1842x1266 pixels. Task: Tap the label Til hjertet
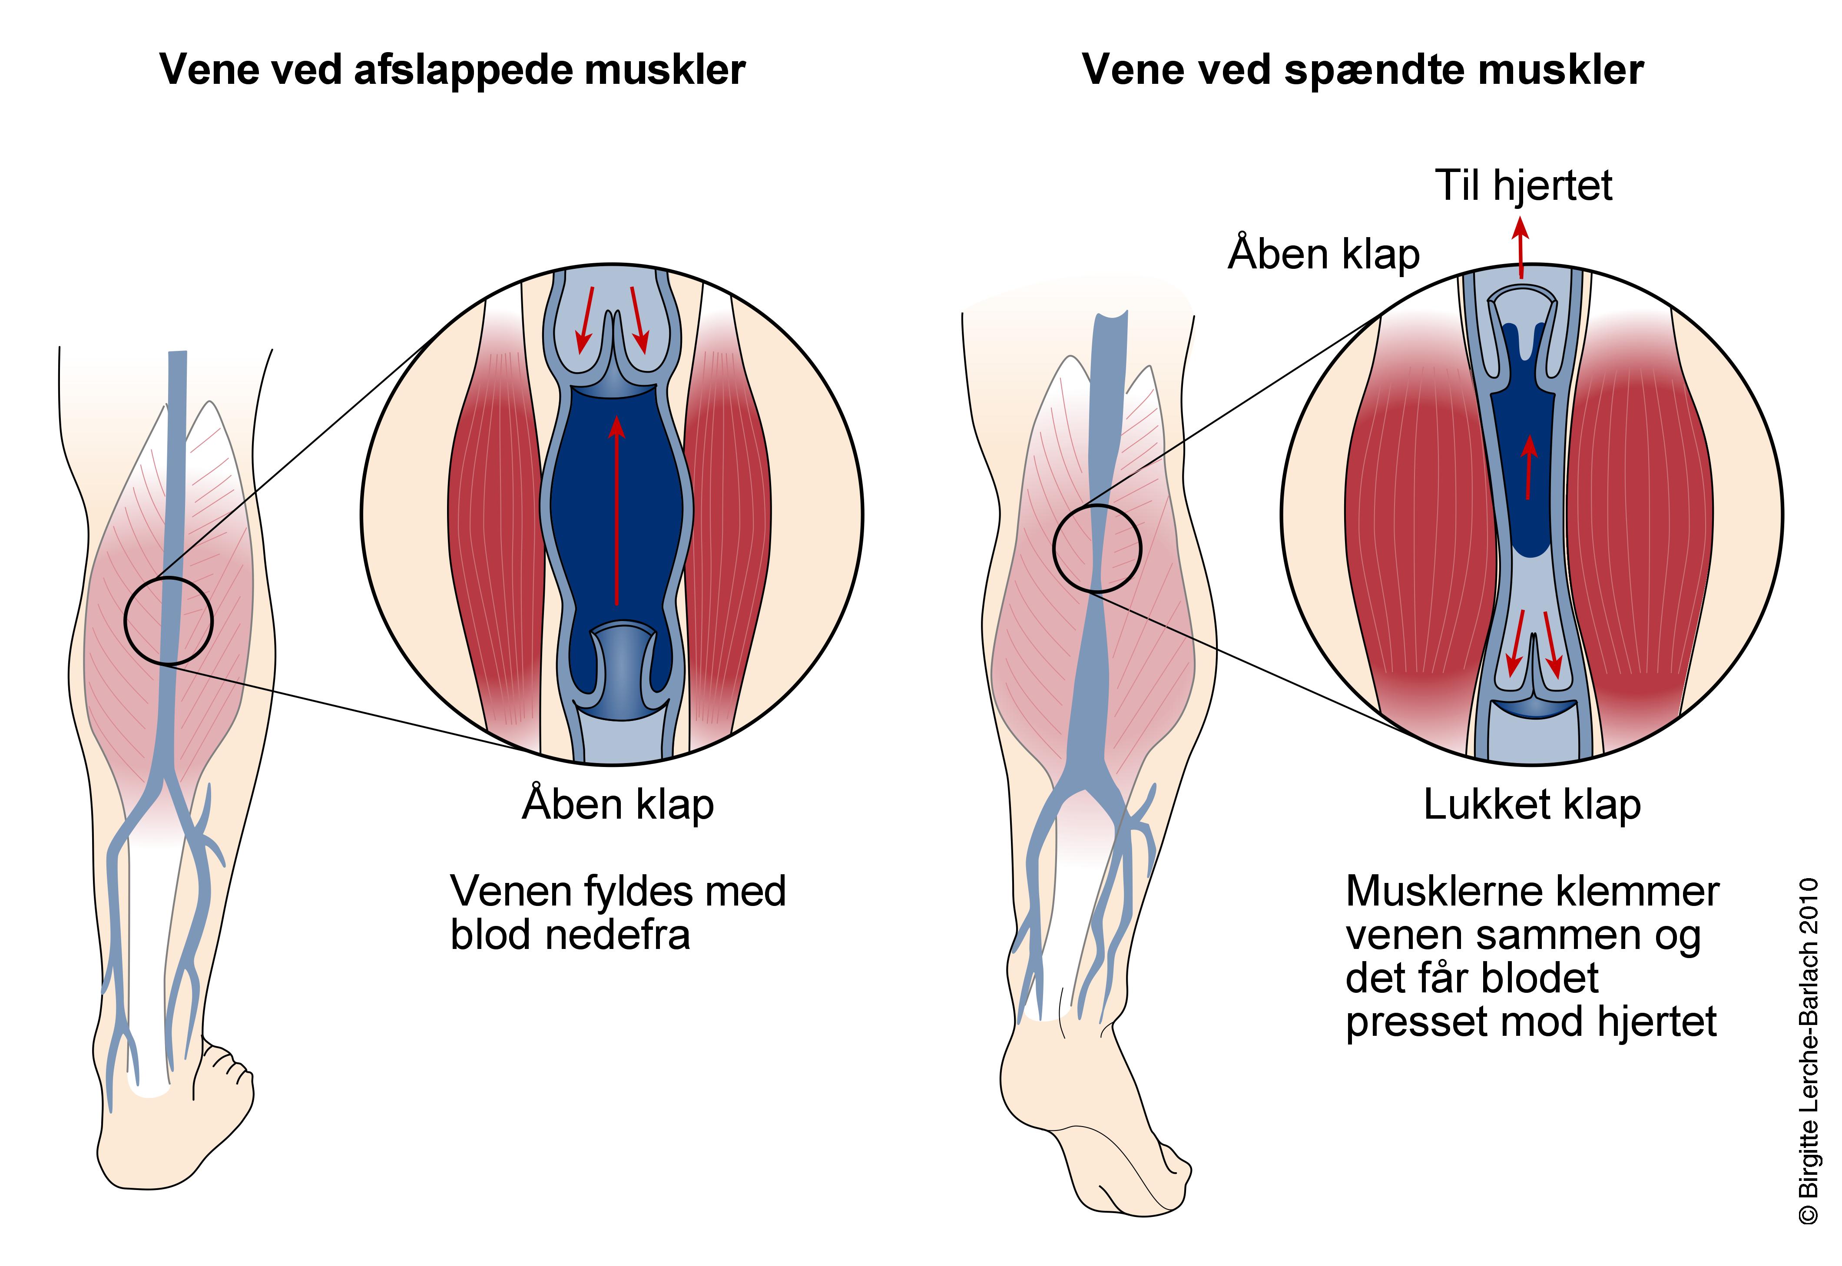point(1523,185)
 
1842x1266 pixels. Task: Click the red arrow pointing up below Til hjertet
point(1520,248)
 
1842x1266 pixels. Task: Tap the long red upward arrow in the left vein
point(616,512)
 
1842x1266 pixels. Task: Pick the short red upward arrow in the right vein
point(1529,468)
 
